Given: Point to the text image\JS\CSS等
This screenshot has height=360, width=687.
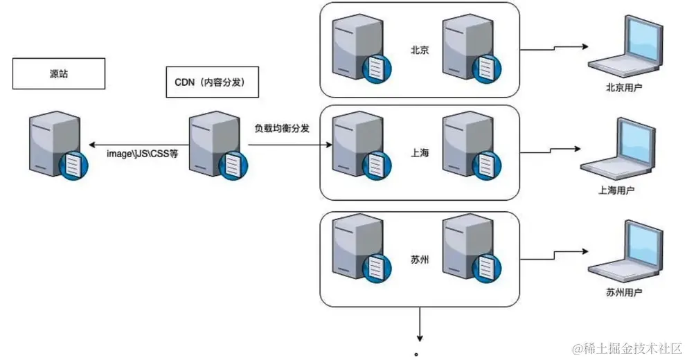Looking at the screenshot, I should click(142, 154).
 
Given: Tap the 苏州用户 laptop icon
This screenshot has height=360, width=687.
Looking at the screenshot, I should click(622, 253).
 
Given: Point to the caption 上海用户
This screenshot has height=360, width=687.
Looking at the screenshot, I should click(616, 190).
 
